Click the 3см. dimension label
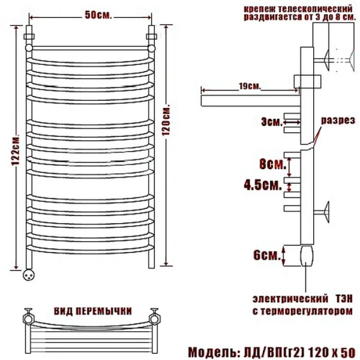(271, 122)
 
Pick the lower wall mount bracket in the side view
(328, 211)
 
